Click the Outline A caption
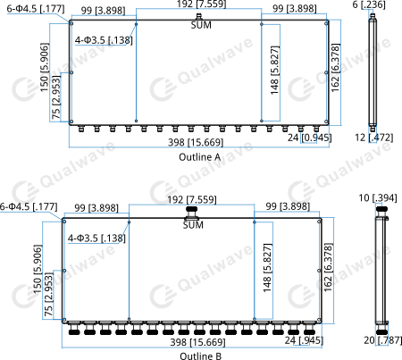(x=199, y=157)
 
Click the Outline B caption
(x=200, y=356)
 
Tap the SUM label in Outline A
(x=201, y=25)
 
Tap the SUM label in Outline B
(x=193, y=225)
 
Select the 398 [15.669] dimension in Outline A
(x=196, y=142)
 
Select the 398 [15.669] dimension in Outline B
(x=197, y=342)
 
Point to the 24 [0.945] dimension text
(x=309, y=138)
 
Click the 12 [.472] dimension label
(x=374, y=138)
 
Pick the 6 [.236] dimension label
(x=369, y=4)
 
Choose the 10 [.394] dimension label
(x=378, y=198)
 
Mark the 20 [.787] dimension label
(x=383, y=340)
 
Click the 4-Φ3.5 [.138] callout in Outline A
(x=104, y=40)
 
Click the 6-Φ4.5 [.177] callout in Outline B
(x=29, y=206)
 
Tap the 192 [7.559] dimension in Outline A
(x=201, y=4)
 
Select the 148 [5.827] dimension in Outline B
(x=267, y=268)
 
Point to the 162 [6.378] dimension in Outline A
(x=335, y=68)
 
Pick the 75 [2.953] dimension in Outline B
(x=48, y=295)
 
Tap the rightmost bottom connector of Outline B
(x=309, y=328)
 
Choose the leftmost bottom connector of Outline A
(x=81, y=129)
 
